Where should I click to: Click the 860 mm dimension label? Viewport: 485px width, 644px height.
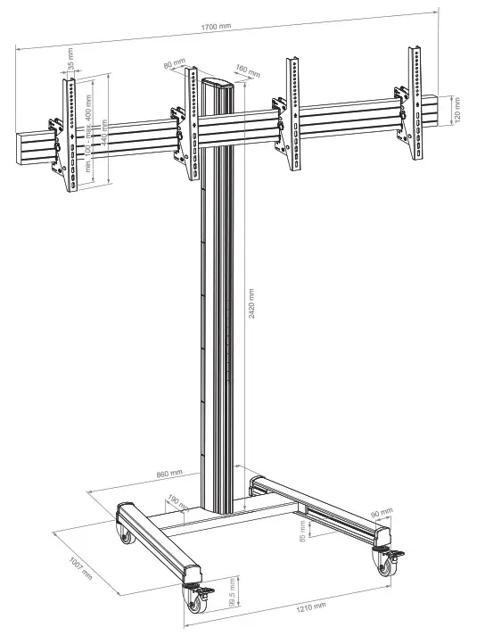169,473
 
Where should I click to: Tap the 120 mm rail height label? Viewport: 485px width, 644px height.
457,107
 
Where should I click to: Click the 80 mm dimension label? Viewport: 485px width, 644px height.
175,64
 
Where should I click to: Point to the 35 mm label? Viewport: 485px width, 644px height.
70,65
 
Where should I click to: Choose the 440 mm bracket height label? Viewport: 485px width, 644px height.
104,133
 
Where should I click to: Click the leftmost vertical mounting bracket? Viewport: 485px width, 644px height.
68,134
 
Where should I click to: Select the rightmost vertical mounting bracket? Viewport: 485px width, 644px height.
415,105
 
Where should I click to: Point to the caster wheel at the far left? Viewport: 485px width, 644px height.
124,534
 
